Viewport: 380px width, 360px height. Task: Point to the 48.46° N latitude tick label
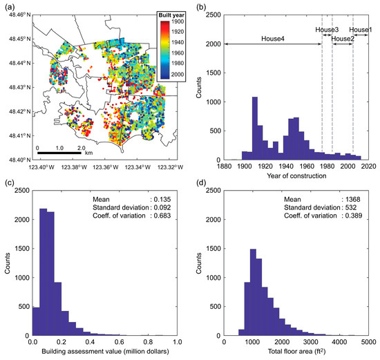pyautogui.click(x=15, y=14)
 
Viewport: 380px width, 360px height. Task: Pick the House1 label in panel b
pyautogui.click(x=360, y=30)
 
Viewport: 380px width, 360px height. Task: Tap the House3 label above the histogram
pyautogui.click(x=327, y=30)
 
